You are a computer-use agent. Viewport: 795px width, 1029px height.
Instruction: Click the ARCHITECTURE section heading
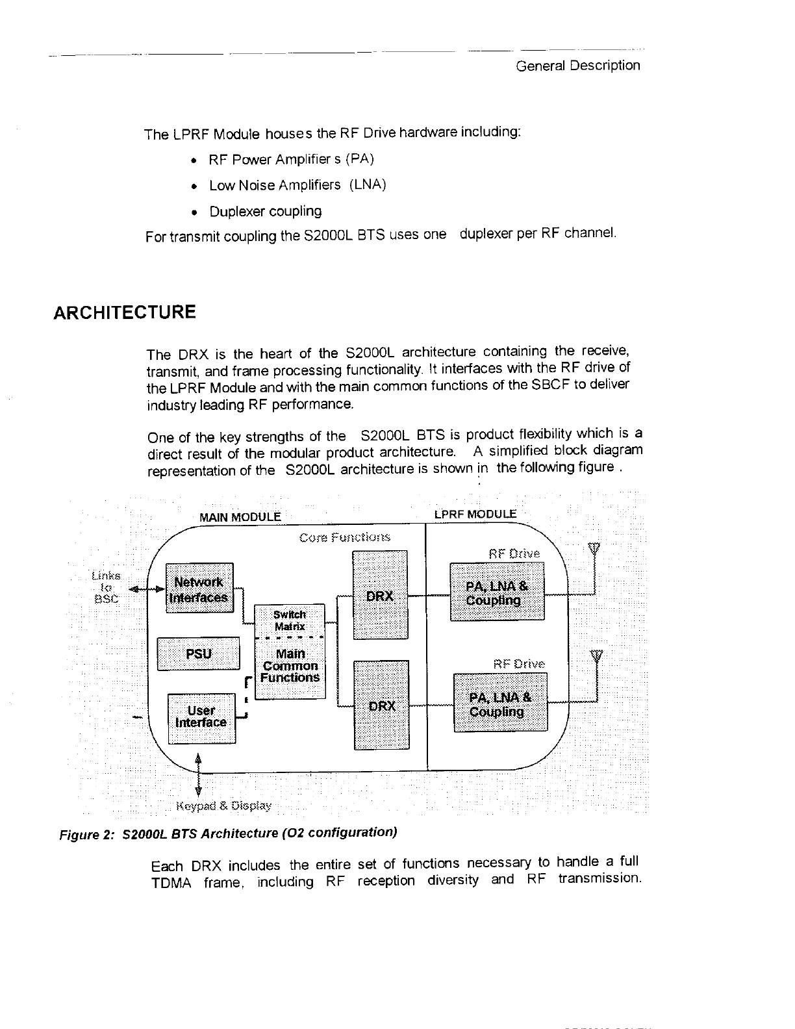(124, 312)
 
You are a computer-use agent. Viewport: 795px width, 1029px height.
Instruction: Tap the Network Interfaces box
(199, 589)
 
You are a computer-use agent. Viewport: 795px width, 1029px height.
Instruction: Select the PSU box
(199, 654)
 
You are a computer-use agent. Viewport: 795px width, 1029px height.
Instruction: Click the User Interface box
(201, 717)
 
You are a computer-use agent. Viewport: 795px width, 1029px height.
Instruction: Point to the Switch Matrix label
(289, 620)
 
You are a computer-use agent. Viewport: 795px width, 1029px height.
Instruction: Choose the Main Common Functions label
(290, 666)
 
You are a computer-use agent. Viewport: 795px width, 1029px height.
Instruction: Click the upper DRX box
(379, 595)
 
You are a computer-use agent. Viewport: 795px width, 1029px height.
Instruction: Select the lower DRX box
(381, 705)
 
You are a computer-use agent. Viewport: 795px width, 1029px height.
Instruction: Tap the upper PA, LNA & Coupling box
(497, 592)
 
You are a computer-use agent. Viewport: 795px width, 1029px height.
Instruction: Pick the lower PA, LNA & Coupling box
(500, 704)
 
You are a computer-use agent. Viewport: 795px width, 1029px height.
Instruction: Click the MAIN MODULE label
(240, 517)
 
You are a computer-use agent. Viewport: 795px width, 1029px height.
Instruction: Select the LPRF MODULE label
(475, 514)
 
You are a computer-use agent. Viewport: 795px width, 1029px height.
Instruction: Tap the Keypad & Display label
(224, 806)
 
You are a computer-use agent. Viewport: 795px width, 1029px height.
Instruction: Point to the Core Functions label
(345, 537)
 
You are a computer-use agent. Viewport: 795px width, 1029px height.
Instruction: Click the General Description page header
(577, 66)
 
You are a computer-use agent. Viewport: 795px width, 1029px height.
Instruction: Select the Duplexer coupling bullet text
(265, 212)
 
